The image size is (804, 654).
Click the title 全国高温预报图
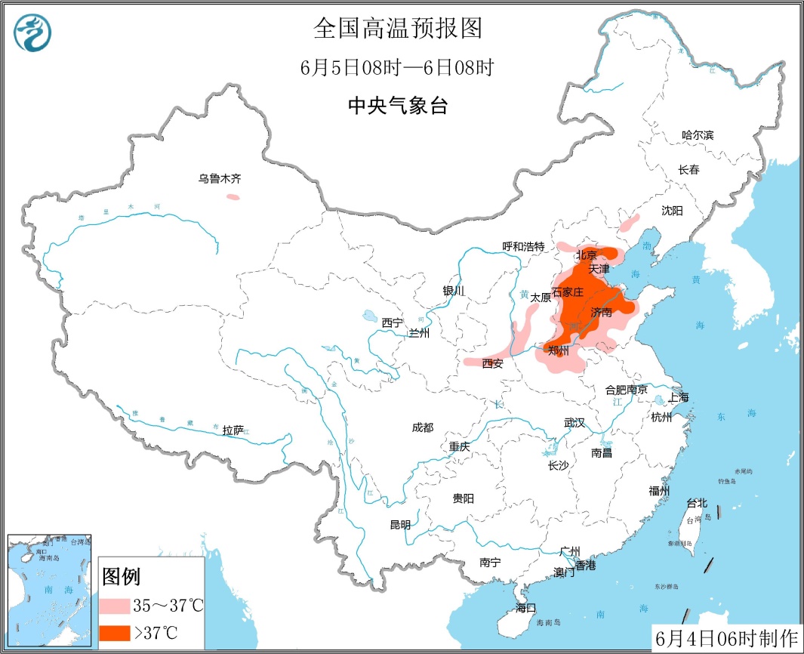(397, 29)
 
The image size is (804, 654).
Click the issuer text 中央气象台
(397, 106)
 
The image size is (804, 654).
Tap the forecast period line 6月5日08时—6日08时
(397, 68)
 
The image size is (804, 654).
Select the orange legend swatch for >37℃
(114, 632)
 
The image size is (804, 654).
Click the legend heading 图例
(121, 578)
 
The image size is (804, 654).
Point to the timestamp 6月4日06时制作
(725, 638)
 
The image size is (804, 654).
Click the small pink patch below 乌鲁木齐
(233, 197)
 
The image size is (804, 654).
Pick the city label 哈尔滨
(697, 135)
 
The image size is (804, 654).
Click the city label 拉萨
(233, 430)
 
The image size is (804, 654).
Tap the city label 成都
(423, 427)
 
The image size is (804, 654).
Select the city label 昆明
(400, 525)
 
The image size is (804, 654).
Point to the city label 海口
(525, 608)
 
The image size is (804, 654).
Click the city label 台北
(696, 503)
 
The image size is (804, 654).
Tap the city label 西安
(492, 363)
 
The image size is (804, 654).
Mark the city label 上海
(678, 397)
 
